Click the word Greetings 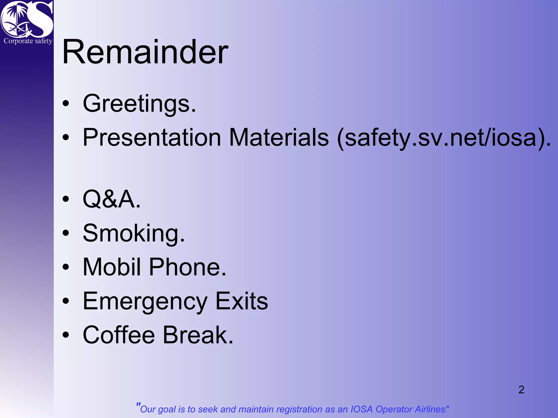pyautogui.click(x=139, y=103)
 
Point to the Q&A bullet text pyautogui.click(x=111, y=199)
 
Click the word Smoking pyautogui.click(x=134, y=233)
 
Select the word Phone pyautogui.click(x=187, y=267)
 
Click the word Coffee pyautogui.click(x=119, y=335)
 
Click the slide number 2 pyautogui.click(x=521, y=389)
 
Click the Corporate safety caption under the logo pyautogui.click(x=28, y=41)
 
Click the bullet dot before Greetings pyautogui.click(x=66, y=104)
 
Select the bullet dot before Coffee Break pyautogui.click(x=66, y=335)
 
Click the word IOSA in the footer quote pyautogui.click(x=361, y=409)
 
